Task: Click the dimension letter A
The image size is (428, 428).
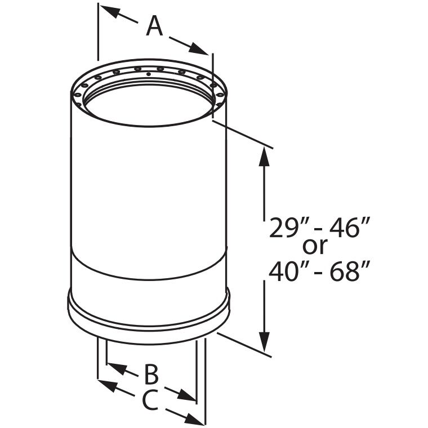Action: point(154,26)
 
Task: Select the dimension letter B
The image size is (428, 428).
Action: point(150,374)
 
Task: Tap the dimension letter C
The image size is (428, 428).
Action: point(149,400)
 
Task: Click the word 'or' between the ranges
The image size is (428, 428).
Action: point(316,246)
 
